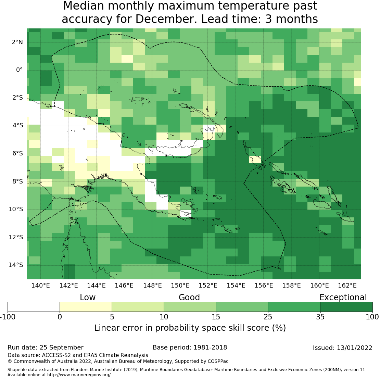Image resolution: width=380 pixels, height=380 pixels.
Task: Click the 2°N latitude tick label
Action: [x=17, y=42]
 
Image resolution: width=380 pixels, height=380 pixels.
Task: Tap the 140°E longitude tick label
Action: [x=41, y=286]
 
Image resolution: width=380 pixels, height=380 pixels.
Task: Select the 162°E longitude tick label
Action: [x=347, y=286]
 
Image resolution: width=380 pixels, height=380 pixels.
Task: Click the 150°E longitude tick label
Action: [x=180, y=286]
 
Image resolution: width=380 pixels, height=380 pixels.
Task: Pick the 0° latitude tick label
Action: [x=19, y=70]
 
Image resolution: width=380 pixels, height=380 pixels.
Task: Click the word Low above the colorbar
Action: [x=88, y=297]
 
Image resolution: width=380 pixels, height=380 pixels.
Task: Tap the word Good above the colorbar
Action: [x=189, y=297]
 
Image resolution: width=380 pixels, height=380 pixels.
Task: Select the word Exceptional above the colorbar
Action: [x=343, y=297]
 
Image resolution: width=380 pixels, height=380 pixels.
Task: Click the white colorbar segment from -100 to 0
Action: [x=34, y=307]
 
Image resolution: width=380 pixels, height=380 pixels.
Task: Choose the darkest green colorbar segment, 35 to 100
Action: [x=346, y=307]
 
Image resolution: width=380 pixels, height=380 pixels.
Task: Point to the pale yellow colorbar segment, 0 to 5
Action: [x=86, y=307]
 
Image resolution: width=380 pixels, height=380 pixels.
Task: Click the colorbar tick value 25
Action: [x=268, y=317]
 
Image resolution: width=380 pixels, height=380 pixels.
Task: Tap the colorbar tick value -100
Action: [x=7, y=317]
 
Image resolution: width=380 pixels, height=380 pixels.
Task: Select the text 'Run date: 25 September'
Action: [x=46, y=348]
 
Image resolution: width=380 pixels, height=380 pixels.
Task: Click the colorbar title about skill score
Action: [x=190, y=328]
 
